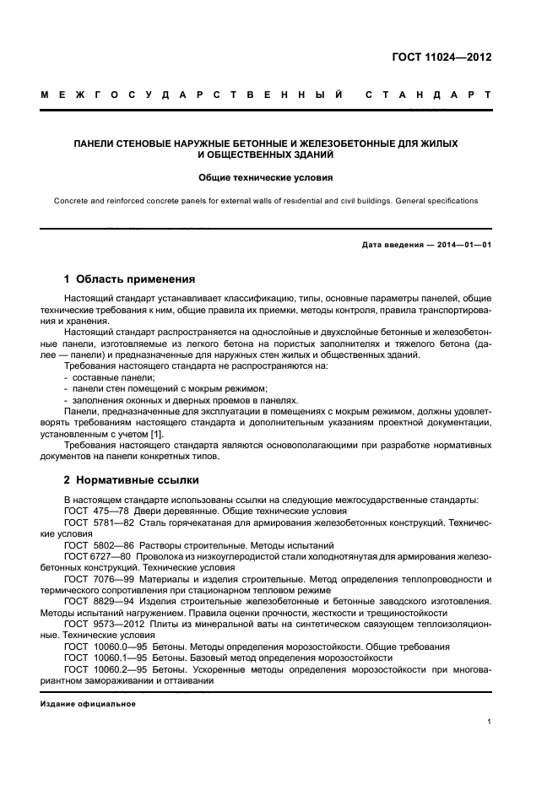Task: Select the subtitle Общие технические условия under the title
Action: (266, 178)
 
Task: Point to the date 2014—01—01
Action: (456, 246)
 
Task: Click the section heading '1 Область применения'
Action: (130, 279)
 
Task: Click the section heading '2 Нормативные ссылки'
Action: (132, 480)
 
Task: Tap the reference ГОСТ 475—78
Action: (94, 511)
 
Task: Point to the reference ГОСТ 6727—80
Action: (95, 557)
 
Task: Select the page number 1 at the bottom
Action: (489, 722)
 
